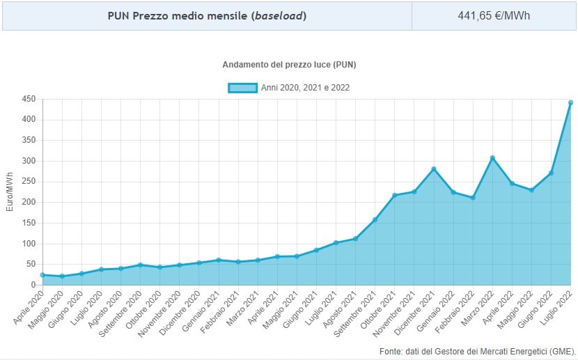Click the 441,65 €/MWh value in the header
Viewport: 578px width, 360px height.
[x=494, y=15]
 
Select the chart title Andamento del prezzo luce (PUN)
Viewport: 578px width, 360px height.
[x=289, y=65]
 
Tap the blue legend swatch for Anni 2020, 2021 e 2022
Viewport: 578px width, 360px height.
[x=242, y=88]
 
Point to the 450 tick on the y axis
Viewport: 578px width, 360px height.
[x=28, y=99]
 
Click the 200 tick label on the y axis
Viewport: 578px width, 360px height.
[x=28, y=202]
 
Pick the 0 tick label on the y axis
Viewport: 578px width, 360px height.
[x=32, y=285]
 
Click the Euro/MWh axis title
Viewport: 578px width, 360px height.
[x=10, y=191]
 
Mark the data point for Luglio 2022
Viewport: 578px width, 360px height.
[x=571, y=102]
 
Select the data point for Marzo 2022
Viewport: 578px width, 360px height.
[x=492, y=158]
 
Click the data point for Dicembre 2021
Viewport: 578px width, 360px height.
[x=434, y=169]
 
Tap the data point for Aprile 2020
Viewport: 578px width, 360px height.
[x=42, y=275]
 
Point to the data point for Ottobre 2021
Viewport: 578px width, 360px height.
[x=395, y=196]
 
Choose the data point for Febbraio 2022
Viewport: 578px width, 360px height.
[x=473, y=198]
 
